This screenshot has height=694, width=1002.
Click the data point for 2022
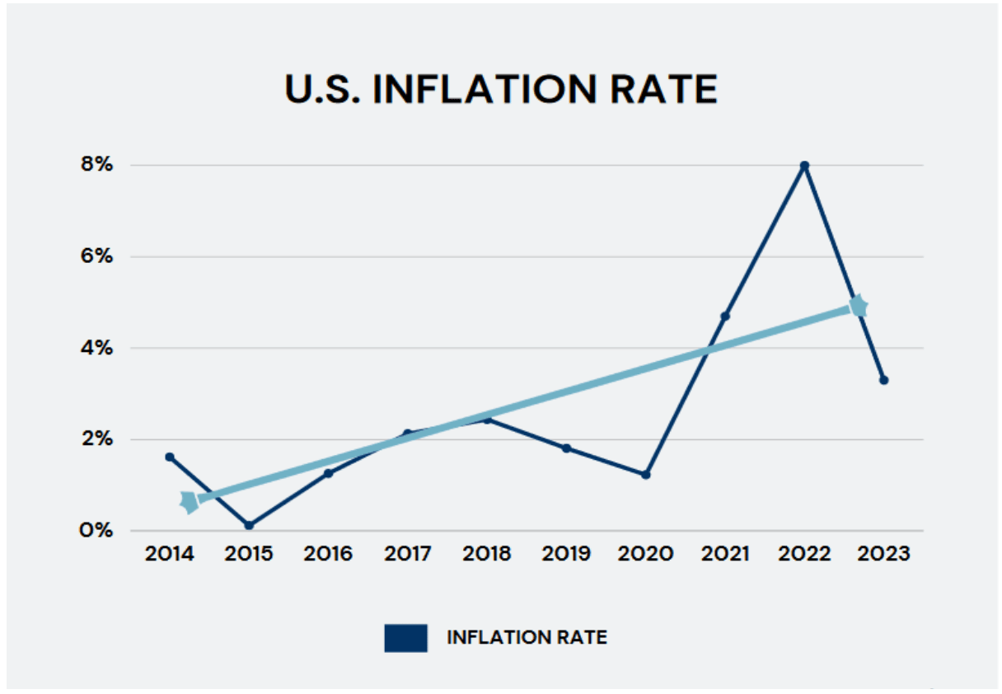point(804,165)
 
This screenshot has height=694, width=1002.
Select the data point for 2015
point(249,525)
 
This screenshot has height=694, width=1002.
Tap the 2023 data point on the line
point(883,380)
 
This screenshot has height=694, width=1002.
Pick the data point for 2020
point(645,475)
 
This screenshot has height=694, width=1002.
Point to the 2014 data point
point(170,457)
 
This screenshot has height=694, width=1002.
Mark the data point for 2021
point(724,316)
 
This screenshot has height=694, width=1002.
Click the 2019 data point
point(566,448)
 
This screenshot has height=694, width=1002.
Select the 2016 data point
point(328,473)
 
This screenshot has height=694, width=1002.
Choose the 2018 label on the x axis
point(486,554)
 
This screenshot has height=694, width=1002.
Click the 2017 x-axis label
point(407,554)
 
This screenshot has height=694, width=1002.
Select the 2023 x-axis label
point(883,554)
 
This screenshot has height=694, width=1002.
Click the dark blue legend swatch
point(405,638)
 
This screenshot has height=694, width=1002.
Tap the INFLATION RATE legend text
point(527,638)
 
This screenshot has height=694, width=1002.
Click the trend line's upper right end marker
point(859,307)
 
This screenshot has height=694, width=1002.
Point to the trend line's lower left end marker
point(189,501)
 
